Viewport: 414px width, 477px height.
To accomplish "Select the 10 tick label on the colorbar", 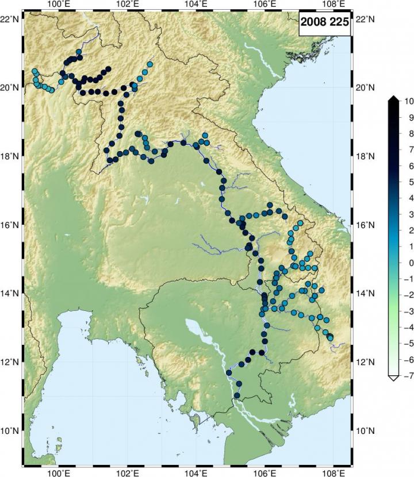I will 409,101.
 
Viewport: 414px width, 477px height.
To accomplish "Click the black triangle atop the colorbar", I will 393,100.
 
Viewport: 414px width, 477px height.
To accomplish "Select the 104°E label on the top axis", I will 195,4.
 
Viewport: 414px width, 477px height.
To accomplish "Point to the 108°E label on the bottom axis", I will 333,472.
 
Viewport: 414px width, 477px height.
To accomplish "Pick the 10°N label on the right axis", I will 366,430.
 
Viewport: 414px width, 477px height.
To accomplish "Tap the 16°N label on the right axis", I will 366,225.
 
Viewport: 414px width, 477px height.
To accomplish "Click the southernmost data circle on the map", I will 237,395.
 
